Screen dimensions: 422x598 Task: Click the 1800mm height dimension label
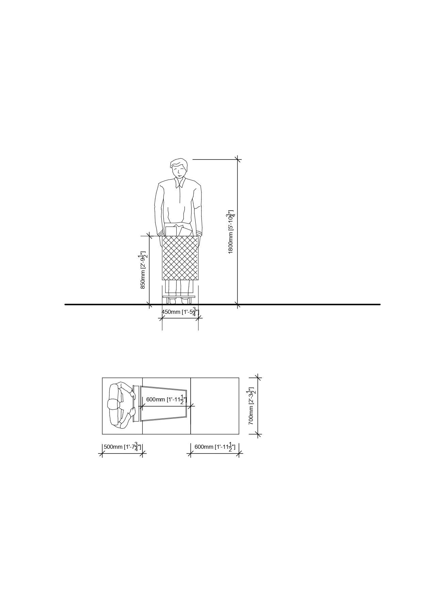[x=231, y=232]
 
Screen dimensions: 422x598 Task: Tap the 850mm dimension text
[x=143, y=270]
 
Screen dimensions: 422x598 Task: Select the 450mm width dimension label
[x=180, y=312]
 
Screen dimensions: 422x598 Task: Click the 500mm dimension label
[x=122, y=447]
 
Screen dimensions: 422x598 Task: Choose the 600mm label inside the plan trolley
[x=166, y=399]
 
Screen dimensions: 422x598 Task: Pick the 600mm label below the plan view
[x=215, y=447]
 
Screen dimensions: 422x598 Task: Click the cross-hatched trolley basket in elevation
[x=180, y=258]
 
